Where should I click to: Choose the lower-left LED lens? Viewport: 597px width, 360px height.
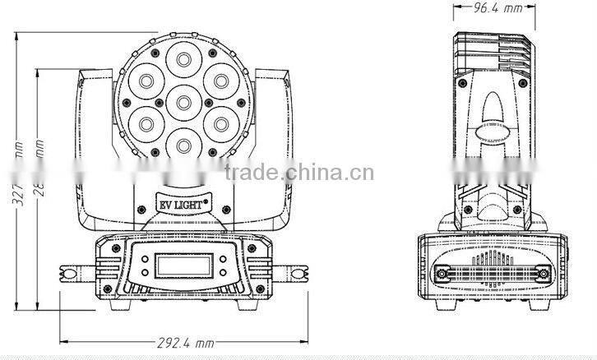click(144, 124)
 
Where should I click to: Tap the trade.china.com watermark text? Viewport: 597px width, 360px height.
click(299, 173)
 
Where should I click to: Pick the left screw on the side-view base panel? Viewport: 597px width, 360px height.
click(441, 273)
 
